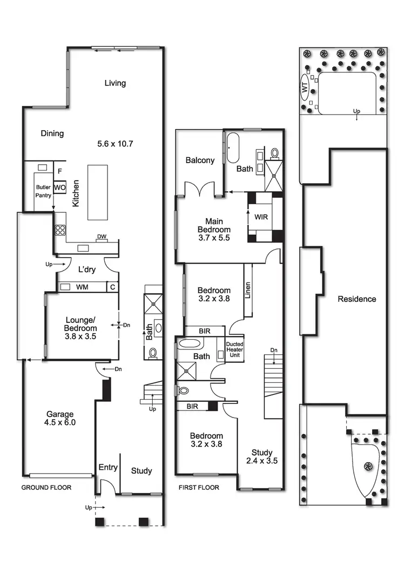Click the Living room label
pos(115,83)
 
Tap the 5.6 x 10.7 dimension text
pos(115,144)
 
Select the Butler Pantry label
pos(43,191)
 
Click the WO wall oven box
pos(60,187)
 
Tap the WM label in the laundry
pos(82,286)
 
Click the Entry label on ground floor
pos(108,467)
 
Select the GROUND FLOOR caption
pos(46,488)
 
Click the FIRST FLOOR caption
pos(199,488)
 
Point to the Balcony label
pos(200,160)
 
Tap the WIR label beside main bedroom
pos(261,217)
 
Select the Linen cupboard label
pos(248,291)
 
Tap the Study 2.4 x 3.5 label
pos(262,457)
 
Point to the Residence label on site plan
pos(356,299)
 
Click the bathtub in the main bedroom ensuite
pos(233,147)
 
